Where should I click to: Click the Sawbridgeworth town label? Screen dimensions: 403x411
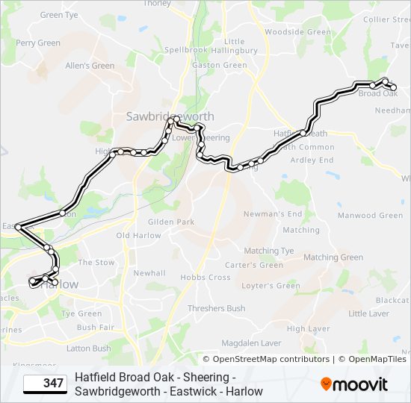coord(170,116)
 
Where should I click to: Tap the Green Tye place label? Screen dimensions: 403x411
coord(59,15)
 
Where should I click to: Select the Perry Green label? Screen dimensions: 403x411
coord(37,43)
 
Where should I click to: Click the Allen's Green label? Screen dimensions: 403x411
coord(90,66)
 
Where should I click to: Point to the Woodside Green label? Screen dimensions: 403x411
coord(297,32)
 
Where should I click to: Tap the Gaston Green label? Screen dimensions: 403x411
coord(220,65)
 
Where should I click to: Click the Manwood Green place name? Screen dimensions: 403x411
coord(370,216)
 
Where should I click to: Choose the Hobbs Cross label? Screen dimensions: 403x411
coord(208,278)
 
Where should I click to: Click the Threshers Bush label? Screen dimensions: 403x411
coord(216,308)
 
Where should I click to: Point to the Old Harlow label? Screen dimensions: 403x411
coord(138,236)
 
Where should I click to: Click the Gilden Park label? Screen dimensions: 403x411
coord(171,222)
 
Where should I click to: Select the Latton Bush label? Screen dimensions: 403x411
coord(88,349)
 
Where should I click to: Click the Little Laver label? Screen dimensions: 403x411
coord(368,314)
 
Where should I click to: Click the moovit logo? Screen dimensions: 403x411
coord(354,384)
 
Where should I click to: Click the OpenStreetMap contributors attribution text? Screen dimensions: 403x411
coord(266,359)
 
